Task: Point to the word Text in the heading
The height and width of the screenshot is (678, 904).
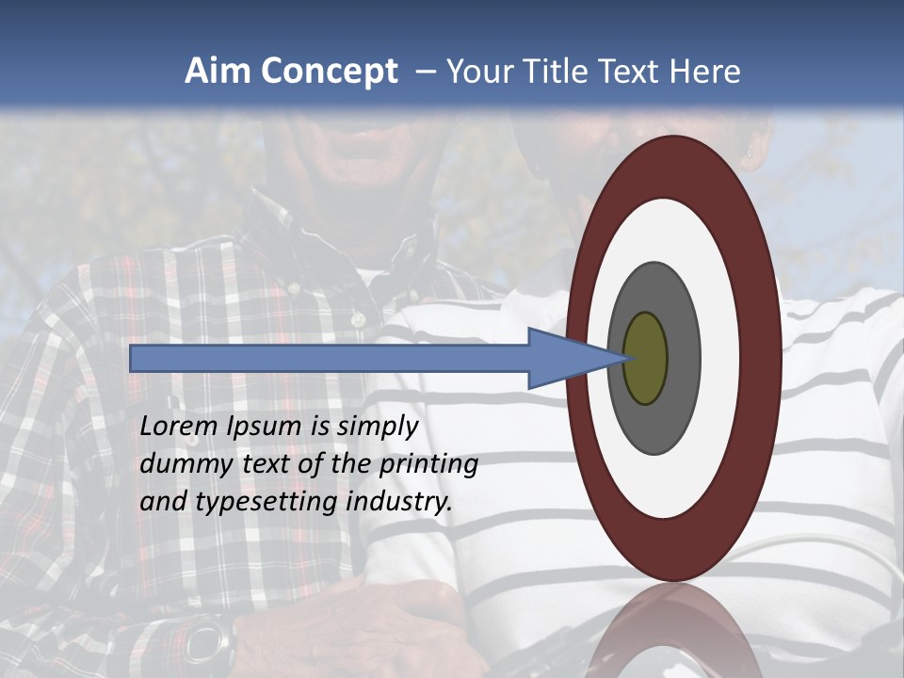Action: [635, 72]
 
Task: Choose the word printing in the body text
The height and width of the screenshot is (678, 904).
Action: [428, 465]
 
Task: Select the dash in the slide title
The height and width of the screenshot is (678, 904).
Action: [425, 73]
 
